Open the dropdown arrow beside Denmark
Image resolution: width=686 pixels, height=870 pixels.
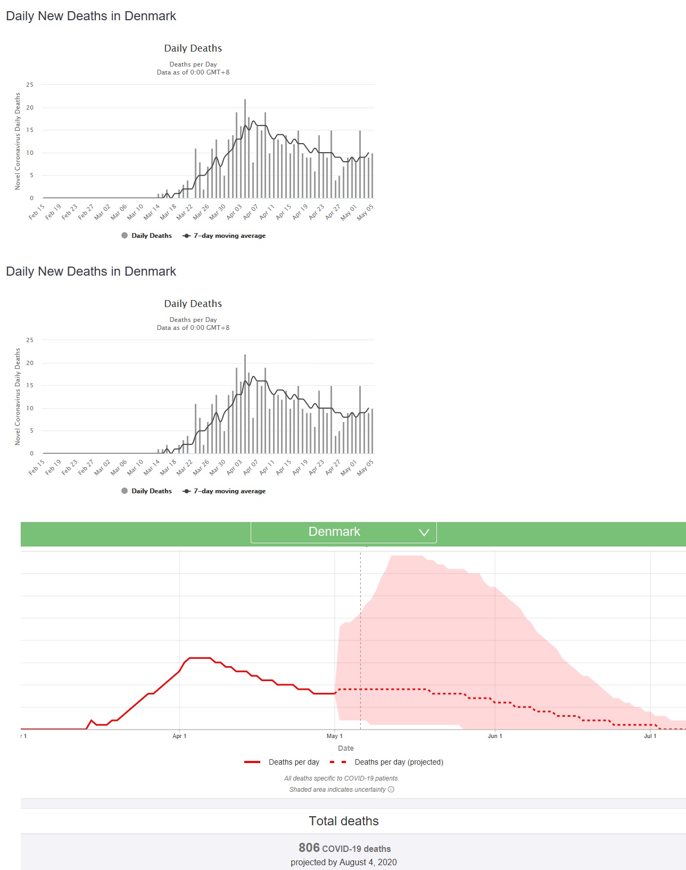pos(424,533)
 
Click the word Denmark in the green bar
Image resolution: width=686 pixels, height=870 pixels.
pos(334,532)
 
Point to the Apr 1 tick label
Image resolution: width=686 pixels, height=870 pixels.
pos(179,736)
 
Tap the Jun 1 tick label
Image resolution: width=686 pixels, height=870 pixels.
pos(495,736)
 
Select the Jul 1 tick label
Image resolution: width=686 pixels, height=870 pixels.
pos(650,736)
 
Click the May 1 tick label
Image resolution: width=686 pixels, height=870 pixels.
pos(334,736)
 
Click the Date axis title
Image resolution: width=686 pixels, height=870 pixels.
pos(345,748)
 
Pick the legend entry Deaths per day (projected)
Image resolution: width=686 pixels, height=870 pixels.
pos(399,762)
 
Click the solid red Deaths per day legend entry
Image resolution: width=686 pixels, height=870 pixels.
pos(293,762)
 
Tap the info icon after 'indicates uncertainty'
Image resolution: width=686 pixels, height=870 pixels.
pos(391,789)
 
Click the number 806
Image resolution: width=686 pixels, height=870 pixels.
pos(309,848)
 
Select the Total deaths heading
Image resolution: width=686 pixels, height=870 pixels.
pos(344,821)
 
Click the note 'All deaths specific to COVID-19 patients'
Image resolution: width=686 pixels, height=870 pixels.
pos(341,778)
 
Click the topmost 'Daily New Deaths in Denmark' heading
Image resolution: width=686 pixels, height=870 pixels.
pos(91,16)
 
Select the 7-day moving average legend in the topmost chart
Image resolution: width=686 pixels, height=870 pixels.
pos(229,236)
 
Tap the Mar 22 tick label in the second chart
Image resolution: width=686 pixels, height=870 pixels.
pos(185,467)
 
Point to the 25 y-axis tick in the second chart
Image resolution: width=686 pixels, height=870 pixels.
pos(30,340)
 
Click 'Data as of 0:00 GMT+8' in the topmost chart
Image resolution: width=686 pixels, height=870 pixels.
pos(193,72)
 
